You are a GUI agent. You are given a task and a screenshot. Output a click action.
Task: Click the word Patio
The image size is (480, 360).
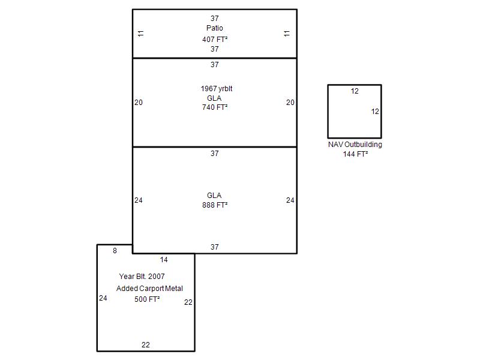214,28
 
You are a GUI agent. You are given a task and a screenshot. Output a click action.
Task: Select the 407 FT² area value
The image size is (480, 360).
215,40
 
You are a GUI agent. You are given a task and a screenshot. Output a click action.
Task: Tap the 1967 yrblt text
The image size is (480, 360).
217,89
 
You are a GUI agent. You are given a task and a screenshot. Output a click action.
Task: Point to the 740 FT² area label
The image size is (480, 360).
215,107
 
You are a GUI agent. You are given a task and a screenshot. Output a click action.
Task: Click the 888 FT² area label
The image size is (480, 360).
215,205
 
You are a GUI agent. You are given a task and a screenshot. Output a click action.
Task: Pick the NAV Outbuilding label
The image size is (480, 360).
355,145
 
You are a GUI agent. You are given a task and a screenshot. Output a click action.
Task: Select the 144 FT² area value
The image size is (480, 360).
355,154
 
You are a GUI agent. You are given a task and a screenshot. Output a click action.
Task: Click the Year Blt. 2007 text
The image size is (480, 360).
142,277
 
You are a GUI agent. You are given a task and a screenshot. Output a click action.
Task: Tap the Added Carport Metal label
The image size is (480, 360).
149,289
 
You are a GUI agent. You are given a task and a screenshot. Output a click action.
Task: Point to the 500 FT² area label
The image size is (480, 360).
147,299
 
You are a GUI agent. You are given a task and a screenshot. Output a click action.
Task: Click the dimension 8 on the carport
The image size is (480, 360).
115,251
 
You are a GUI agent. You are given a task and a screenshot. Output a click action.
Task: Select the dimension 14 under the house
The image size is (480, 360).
164,260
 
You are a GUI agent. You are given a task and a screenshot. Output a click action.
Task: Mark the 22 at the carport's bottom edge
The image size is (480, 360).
146,345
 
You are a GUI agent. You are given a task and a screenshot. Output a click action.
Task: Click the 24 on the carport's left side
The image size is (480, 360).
103,298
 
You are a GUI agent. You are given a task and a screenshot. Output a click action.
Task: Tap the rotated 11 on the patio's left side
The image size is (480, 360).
141,34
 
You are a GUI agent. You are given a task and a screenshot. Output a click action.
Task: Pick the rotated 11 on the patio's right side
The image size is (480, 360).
287,34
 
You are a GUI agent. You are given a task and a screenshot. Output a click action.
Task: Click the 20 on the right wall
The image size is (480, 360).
290,103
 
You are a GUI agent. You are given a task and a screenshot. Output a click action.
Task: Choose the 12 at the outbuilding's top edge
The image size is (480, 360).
355,91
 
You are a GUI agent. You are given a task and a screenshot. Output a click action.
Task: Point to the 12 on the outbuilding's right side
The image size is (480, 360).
375,112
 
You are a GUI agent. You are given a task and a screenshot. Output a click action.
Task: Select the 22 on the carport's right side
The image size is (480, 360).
188,302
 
